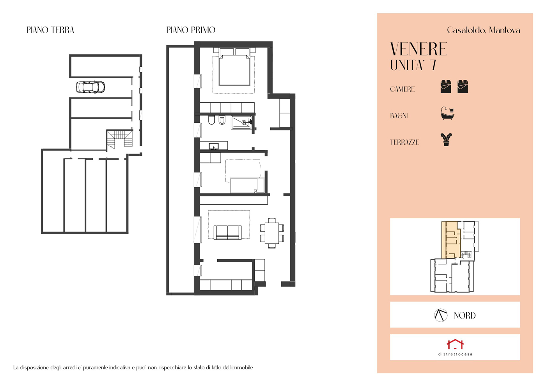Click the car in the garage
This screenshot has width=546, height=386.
coord(90,87)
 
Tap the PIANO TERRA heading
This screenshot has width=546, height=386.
coord(50,30)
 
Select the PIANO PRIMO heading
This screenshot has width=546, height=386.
coord(191,30)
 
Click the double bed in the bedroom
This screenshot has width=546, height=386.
coord(234,67)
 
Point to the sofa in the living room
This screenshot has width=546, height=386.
coord(228,232)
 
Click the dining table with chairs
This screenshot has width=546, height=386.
coord(272,233)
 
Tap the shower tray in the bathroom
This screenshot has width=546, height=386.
coord(241,122)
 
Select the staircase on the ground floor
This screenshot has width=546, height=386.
coord(120,139)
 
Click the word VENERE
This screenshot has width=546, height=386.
coord(419,49)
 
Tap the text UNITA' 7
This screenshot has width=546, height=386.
coord(413,65)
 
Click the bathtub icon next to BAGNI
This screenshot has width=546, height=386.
coord(448,113)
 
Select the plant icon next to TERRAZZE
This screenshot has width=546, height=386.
coord(446,140)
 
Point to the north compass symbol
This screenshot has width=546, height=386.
coord(441,315)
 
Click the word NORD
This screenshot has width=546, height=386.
coord(464,315)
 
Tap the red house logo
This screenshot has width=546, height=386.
coord(455,344)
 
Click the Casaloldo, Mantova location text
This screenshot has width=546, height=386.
coord(484,30)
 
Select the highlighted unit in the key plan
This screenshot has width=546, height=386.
coord(452,240)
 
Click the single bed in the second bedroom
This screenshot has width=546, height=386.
coord(247,186)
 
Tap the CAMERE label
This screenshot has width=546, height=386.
coord(402,89)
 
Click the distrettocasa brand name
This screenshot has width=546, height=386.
coord(455,354)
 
